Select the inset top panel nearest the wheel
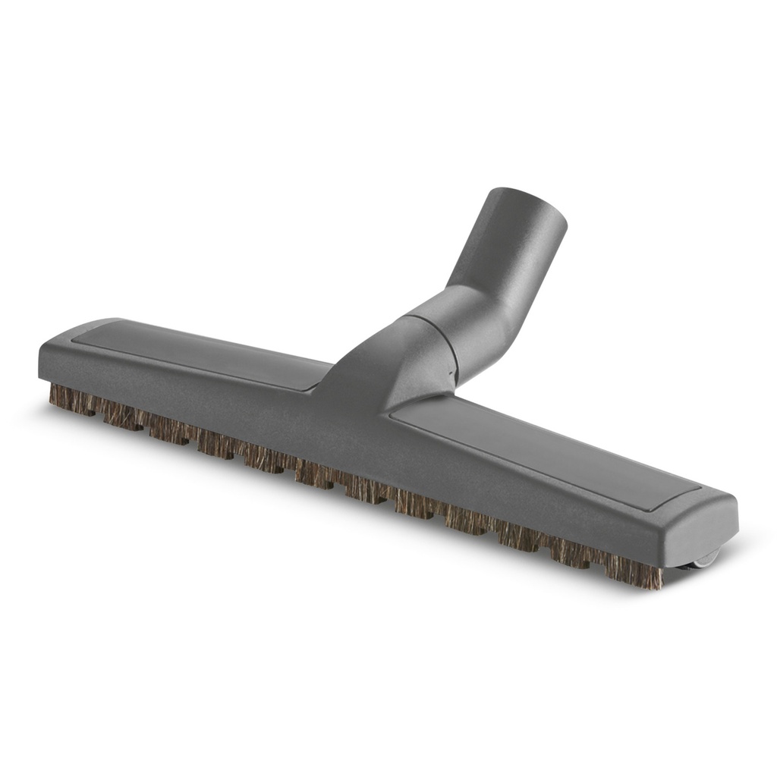[x=546, y=448]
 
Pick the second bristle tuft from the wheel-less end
[x=121, y=414]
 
